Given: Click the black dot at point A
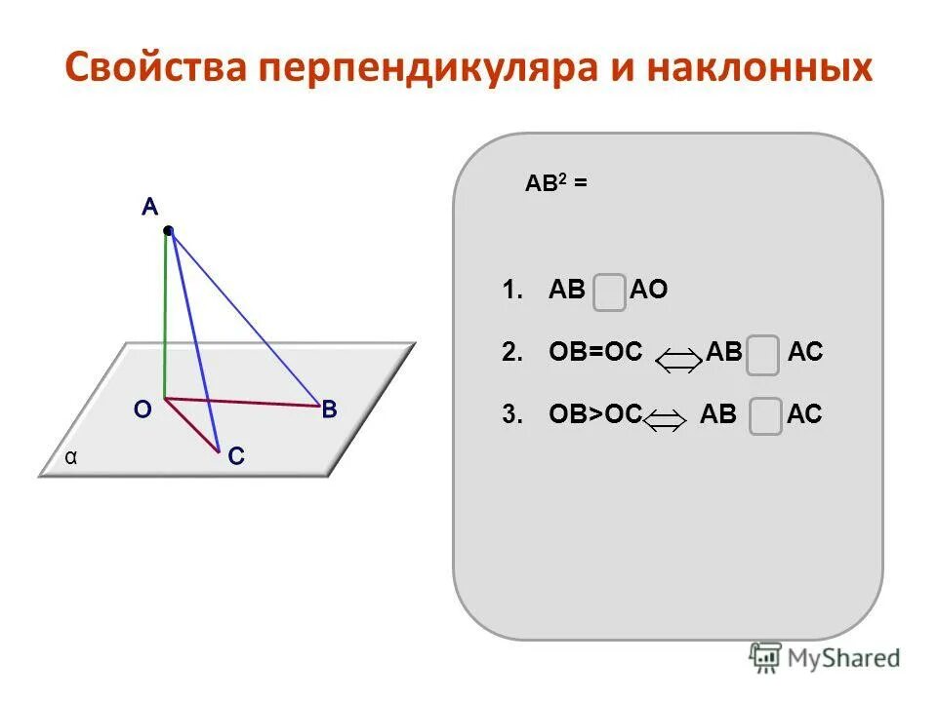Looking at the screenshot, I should coord(168,231).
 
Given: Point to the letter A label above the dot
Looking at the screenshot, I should coord(148,207).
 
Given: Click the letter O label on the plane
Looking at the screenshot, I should coord(143,410).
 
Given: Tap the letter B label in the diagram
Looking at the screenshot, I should coord(330,410).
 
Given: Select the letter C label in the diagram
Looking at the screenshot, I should coord(236,456).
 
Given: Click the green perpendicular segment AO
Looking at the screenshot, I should coord(166,322).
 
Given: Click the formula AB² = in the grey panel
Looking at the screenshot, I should coord(556,182).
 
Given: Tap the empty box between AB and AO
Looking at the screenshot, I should coord(609,292).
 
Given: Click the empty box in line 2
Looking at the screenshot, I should coord(765,355).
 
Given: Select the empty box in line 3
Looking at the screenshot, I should coord(765,416).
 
